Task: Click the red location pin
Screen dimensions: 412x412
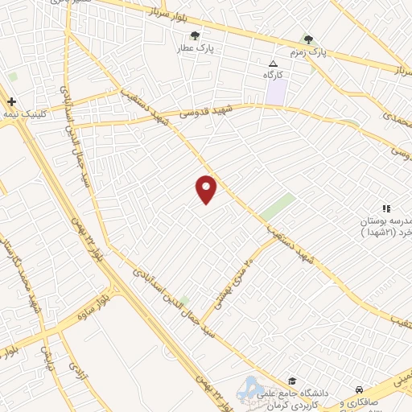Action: click(x=207, y=188)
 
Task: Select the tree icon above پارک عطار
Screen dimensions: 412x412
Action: click(x=196, y=35)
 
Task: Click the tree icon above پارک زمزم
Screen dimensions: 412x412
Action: click(x=307, y=39)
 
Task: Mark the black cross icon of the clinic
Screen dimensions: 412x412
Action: click(x=11, y=102)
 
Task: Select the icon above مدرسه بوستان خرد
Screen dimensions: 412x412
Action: click(x=385, y=208)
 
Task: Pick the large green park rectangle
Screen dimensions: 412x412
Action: click(x=277, y=207)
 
